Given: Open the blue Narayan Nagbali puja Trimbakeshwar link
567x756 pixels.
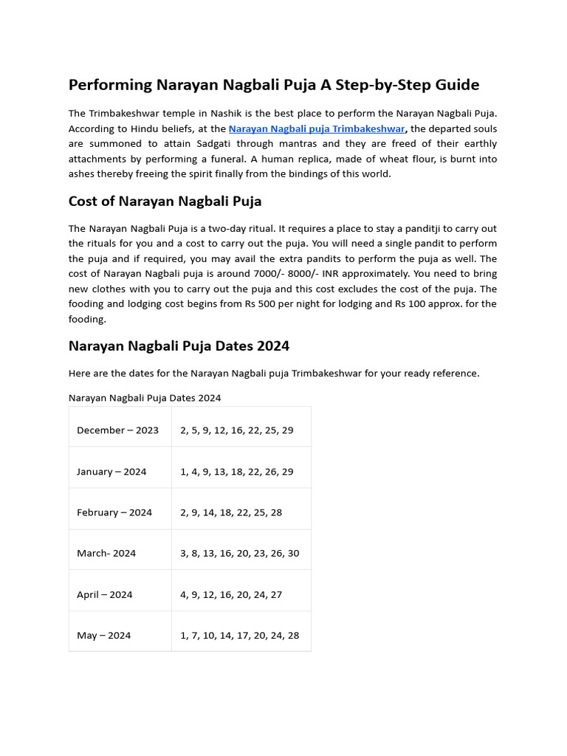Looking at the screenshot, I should [317, 128].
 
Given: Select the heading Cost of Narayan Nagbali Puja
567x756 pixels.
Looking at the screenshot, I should [165, 201].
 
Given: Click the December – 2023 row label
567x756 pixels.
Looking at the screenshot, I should [117, 430].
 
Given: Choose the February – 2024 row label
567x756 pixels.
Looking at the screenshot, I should [114, 512].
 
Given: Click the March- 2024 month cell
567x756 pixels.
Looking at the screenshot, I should [106, 553].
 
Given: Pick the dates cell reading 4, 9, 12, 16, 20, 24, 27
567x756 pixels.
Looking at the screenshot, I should [231, 594].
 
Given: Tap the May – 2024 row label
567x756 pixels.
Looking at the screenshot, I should [104, 635].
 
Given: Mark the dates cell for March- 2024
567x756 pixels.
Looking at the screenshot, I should [239, 553].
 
